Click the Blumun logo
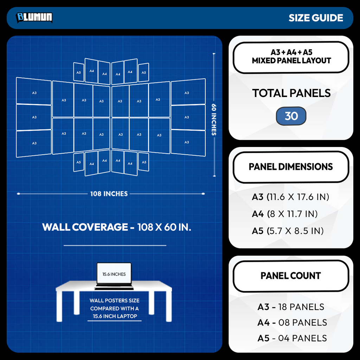pyautogui.click(x=34, y=18)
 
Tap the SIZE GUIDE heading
pyautogui.click(x=316, y=18)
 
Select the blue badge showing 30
pyautogui.click(x=291, y=116)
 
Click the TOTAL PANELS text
pyautogui.click(x=291, y=93)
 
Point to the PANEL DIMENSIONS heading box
pyautogui.click(x=291, y=167)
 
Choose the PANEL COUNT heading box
pyautogui.click(x=291, y=276)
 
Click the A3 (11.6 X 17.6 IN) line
pyautogui.click(x=290, y=197)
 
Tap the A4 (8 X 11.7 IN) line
pyautogui.click(x=285, y=214)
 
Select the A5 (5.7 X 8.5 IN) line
pyautogui.click(x=288, y=231)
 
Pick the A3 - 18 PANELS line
pyautogui.click(x=291, y=307)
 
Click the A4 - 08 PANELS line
pyautogui.click(x=292, y=323)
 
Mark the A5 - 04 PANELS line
pyautogui.click(x=292, y=338)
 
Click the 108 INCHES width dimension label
pyautogui.click(x=109, y=194)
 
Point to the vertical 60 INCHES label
pyautogui.click(x=214, y=120)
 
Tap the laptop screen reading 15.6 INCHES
pyautogui.click(x=114, y=274)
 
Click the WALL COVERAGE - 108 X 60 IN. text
pyautogui.click(x=117, y=227)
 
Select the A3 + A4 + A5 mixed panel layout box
pyautogui.click(x=291, y=57)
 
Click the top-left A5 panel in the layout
pyautogui.click(x=78, y=72)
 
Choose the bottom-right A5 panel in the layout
pyautogui.click(x=144, y=162)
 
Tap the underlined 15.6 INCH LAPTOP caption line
pyautogui.click(x=115, y=316)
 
